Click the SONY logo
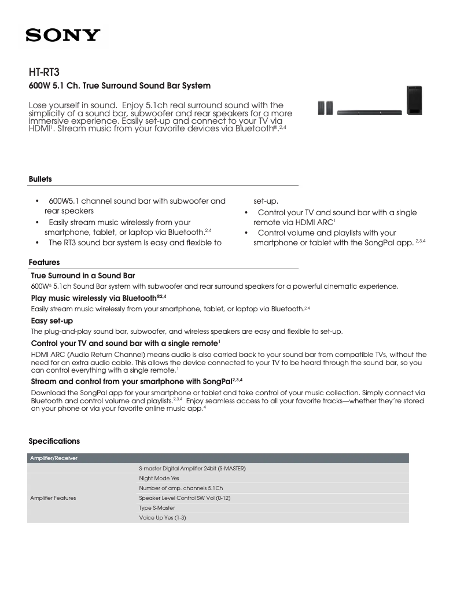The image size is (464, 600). [62, 36]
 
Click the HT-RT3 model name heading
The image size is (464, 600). [44, 72]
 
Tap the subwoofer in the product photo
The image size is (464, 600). [414, 101]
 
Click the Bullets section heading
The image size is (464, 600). [40, 179]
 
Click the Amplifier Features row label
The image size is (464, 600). [53, 498]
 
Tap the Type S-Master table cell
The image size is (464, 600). [157, 507]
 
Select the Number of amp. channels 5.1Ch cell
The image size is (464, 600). [181, 488]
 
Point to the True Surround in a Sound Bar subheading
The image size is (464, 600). [83, 275]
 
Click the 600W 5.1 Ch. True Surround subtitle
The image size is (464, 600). [119, 86]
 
